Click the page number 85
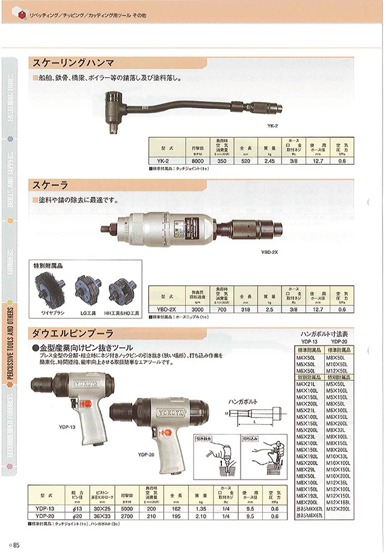pos(16,545)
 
